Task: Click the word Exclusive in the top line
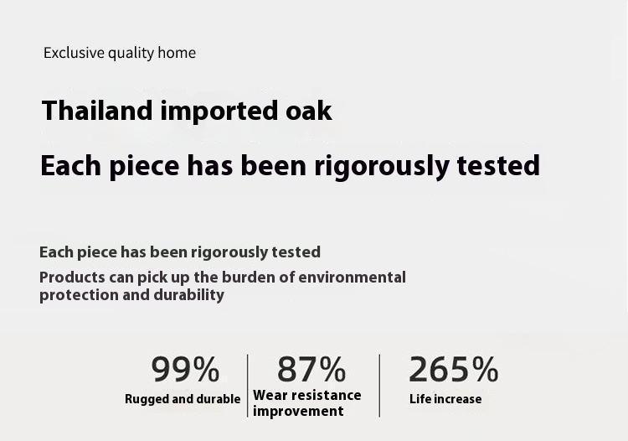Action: tap(74, 53)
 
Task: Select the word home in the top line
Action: tap(177, 53)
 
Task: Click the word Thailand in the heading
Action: tap(97, 111)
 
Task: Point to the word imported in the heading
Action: tap(219, 111)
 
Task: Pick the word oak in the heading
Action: tap(309, 111)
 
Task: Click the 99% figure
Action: tap(185, 369)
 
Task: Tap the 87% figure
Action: tap(311, 369)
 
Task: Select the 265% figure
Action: tap(453, 369)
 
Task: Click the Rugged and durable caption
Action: tap(183, 399)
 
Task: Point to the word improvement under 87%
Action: tap(298, 412)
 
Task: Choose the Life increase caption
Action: tap(445, 399)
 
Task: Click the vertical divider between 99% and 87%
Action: tap(248, 386)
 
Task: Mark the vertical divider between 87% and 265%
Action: tap(379, 386)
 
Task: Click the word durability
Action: tap(188, 295)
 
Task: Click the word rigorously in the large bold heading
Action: tap(382, 166)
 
